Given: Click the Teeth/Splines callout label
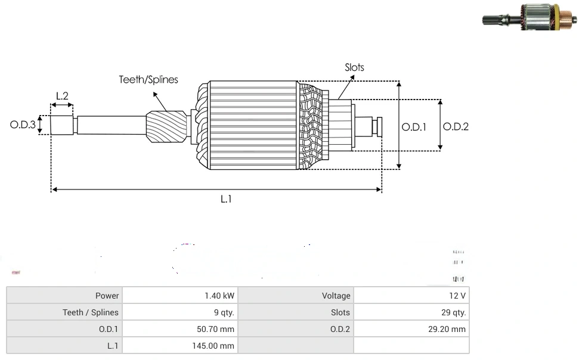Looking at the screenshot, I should click(148, 79).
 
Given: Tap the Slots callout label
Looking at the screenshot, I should click(354, 67).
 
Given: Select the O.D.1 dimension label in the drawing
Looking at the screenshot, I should click(414, 127).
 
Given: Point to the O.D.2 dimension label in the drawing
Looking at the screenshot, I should click(456, 126).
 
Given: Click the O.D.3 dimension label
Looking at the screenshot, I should click(23, 125).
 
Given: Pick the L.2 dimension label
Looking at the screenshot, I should click(62, 96).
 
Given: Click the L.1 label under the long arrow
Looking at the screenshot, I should click(226, 199).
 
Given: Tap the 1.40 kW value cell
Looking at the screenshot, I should click(219, 296).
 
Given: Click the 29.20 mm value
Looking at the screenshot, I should click(447, 329).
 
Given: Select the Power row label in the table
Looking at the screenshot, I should click(107, 296).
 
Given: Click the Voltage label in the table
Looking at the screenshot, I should click(336, 296).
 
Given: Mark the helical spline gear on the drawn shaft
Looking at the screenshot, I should click(166, 128).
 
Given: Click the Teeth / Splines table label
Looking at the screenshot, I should click(91, 312).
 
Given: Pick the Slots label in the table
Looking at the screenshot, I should click(340, 312).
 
